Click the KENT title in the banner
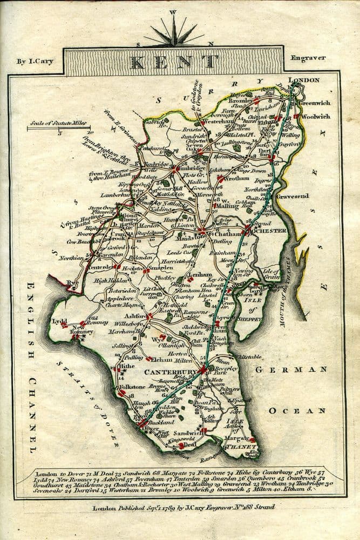pos(174,62)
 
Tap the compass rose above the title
pos(174,32)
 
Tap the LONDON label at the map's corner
pos(304,80)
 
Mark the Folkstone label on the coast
pos(105,387)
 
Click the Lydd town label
pos(59,321)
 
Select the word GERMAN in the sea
pos(291,370)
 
